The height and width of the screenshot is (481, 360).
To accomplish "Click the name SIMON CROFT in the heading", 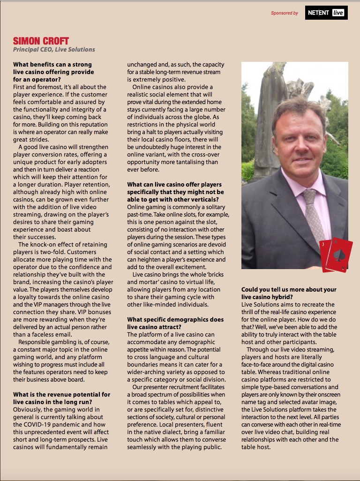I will [x=41, y=41].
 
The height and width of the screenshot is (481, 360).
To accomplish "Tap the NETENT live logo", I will [x=326, y=13].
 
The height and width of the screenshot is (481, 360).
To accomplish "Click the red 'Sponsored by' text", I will [x=284, y=13].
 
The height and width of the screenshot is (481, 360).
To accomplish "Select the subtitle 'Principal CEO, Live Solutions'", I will [x=54, y=50].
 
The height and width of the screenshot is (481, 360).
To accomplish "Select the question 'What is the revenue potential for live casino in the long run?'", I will [x=62, y=398].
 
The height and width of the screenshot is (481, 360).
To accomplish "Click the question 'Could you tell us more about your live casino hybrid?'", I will [x=289, y=293].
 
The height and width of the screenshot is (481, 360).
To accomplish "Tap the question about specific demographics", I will [x=175, y=323].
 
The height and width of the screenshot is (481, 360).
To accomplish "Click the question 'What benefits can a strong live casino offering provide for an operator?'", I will [x=53, y=72].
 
